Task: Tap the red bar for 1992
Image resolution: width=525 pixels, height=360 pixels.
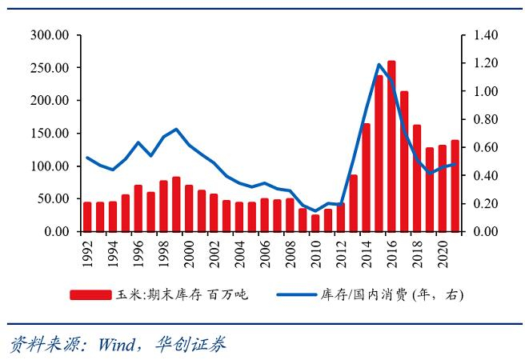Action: pos(87,217)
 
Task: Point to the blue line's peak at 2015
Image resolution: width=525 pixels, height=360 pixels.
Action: pos(378,64)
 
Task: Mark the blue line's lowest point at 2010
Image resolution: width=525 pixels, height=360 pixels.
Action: pos(315,211)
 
